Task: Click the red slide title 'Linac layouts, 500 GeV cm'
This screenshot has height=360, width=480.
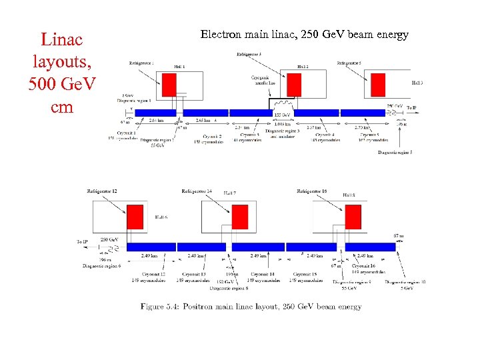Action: pos(62,73)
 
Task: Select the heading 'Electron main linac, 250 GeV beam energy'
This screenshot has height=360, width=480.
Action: pos(304,35)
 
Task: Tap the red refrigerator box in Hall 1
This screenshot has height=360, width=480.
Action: pos(169,85)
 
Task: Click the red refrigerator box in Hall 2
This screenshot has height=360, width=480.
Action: pos(294,85)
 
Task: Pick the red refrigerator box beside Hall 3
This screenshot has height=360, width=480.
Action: pos(375,85)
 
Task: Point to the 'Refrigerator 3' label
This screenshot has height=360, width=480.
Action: pos(249,53)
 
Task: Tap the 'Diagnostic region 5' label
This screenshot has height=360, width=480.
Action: pos(395,153)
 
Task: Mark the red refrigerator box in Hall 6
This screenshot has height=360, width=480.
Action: pos(135,216)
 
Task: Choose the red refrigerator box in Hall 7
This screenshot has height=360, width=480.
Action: pos(240,217)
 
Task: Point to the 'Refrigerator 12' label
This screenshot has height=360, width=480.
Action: pos(101,191)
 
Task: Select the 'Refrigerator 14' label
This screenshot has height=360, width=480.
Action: pos(197,191)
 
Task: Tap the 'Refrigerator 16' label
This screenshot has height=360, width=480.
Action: pos(311,191)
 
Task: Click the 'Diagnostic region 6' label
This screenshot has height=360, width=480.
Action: pos(101,265)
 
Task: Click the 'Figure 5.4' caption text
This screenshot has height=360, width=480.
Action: pos(251,307)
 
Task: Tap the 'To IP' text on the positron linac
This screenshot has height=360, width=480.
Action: pos(82,241)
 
